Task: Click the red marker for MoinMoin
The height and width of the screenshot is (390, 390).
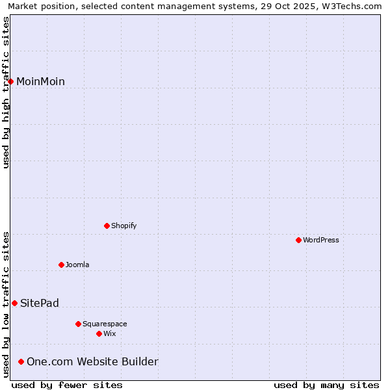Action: click(11, 81)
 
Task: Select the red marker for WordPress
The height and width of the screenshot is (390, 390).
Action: click(298, 240)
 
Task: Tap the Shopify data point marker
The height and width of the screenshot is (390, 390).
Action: click(107, 226)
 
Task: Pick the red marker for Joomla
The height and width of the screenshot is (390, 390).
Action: click(61, 265)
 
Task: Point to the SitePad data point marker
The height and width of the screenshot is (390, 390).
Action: click(14, 303)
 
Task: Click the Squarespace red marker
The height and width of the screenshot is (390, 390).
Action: click(78, 324)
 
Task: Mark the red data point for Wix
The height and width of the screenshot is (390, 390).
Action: click(99, 333)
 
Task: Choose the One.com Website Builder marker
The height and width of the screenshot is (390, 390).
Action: click(21, 361)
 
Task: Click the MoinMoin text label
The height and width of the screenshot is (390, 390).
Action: click(40, 81)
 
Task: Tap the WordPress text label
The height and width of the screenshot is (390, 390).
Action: click(321, 240)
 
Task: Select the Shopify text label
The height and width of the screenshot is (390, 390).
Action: click(123, 226)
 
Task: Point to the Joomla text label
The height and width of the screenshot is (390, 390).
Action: click(77, 265)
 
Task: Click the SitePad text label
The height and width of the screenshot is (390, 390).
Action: click(40, 303)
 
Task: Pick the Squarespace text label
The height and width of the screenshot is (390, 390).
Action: click(105, 324)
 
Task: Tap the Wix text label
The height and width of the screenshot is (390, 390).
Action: click(109, 333)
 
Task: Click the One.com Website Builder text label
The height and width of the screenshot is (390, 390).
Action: click(92, 361)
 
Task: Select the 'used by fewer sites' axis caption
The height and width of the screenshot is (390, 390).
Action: click(67, 385)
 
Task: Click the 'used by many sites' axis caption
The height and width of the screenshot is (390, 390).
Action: click(326, 385)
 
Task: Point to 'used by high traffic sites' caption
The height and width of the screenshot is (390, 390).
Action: click(6, 92)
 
